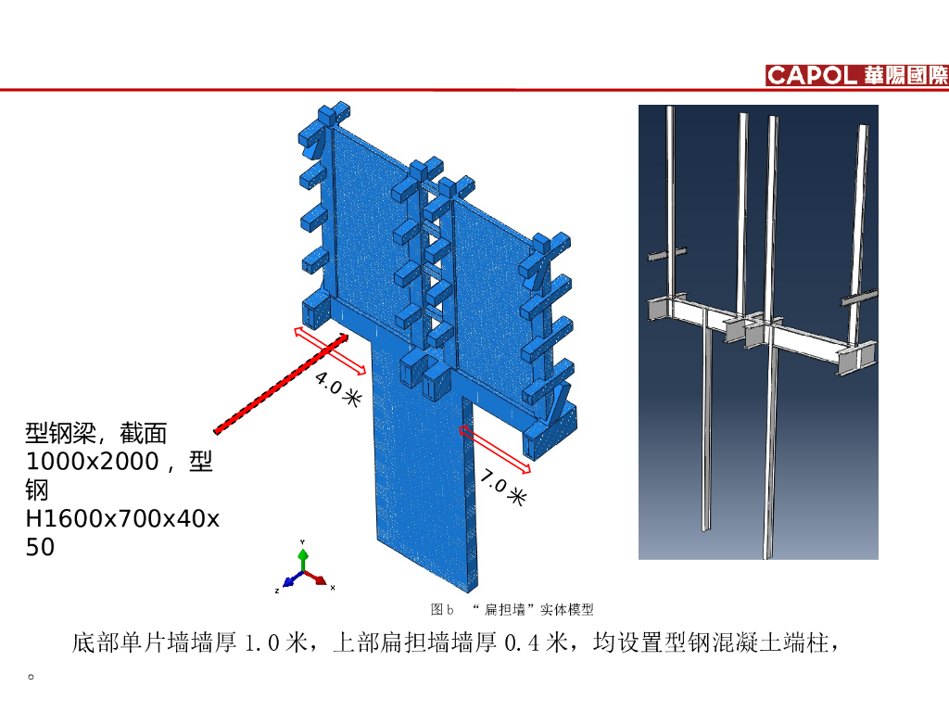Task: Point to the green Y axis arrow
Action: point(302,556)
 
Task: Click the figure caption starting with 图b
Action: point(512,609)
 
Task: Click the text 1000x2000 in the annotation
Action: point(93,461)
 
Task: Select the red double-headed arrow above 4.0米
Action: point(329,350)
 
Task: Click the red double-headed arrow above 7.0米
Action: point(496,450)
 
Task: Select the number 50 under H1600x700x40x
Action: point(41,547)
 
